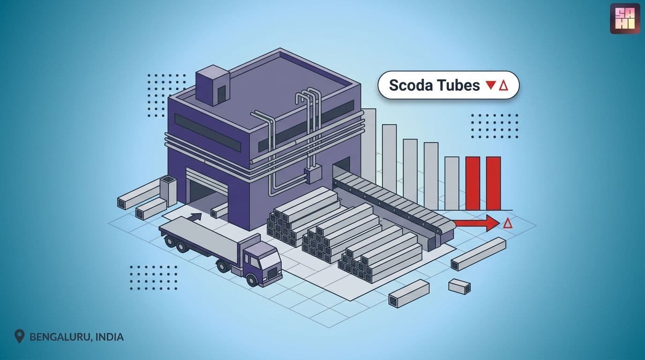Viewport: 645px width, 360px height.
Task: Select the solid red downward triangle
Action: [x=491, y=85]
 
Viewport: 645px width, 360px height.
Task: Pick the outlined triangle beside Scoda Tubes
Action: [x=503, y=85]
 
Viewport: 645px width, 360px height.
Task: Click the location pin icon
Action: [x=19, y=336]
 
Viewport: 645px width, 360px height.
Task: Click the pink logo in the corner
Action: [x=625, y=18]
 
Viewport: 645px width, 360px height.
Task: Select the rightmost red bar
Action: [x=494, y=183]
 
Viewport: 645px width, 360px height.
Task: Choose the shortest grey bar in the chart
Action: [x=452, y=183]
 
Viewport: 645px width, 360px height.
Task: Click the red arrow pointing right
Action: [x=477, y=224]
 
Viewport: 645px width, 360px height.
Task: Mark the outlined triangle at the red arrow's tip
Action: [x=508, y=223]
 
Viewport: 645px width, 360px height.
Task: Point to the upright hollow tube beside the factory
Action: [x=168, y=191]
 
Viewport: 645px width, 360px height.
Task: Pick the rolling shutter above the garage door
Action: [x=207, y=179]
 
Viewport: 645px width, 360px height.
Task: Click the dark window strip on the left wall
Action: [x=208, y=133]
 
